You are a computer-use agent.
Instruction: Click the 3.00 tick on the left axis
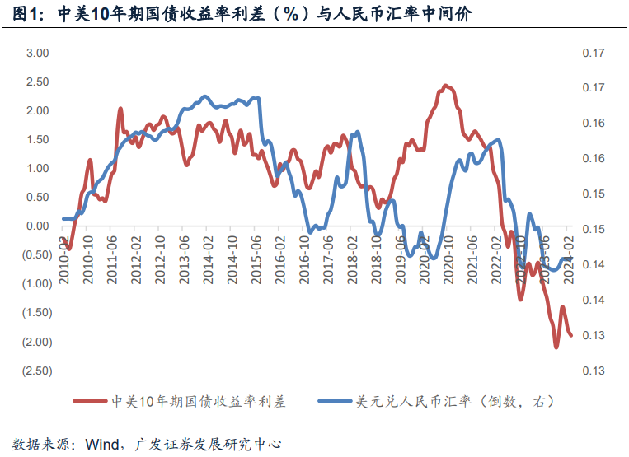pyautogui.click(x=38, y=53)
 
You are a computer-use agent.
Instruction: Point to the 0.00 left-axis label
pyautogui.click(x=38, y=226)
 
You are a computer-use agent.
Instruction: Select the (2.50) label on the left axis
pyautogui.click(x=35, y=371)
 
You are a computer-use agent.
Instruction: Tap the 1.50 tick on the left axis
pyautogui.click(x=38, y=139)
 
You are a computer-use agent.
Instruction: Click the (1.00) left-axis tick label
pyautogui.click(x=35, y=283)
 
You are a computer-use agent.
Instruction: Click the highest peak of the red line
pyautogui.click(x=445, y=85)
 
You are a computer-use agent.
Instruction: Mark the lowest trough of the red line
pyautogui.click(x=556, y=347)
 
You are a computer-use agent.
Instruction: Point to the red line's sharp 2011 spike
pyautogui.click(x=120, y=109)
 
